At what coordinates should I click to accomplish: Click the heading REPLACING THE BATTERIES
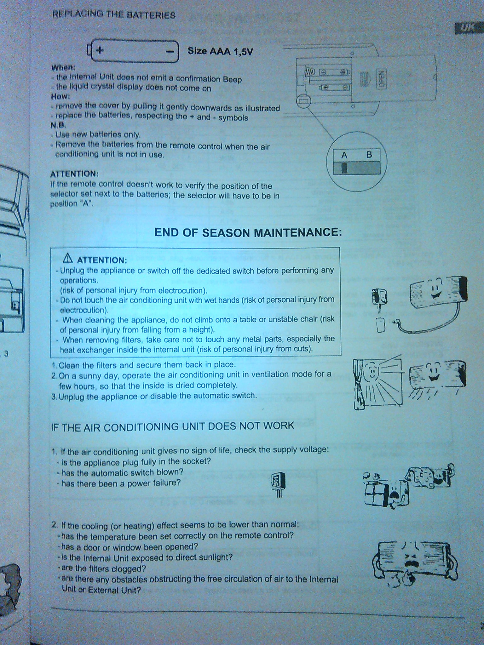tap(114, 14)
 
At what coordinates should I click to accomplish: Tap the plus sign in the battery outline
tap(100, 50)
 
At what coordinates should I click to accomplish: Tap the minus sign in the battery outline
tap(170, 51)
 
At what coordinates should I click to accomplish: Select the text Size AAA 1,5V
tap(220, 51)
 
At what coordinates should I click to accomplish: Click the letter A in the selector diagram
tap(344, 155)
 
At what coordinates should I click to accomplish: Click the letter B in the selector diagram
tap(369, 155)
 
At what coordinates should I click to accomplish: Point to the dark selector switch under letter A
tap(344, 168)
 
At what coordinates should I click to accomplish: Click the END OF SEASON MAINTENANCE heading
tap(248, 232)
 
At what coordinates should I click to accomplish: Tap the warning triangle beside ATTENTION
tap(68, 259)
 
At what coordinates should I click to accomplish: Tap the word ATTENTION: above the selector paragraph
tap(74, 174)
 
